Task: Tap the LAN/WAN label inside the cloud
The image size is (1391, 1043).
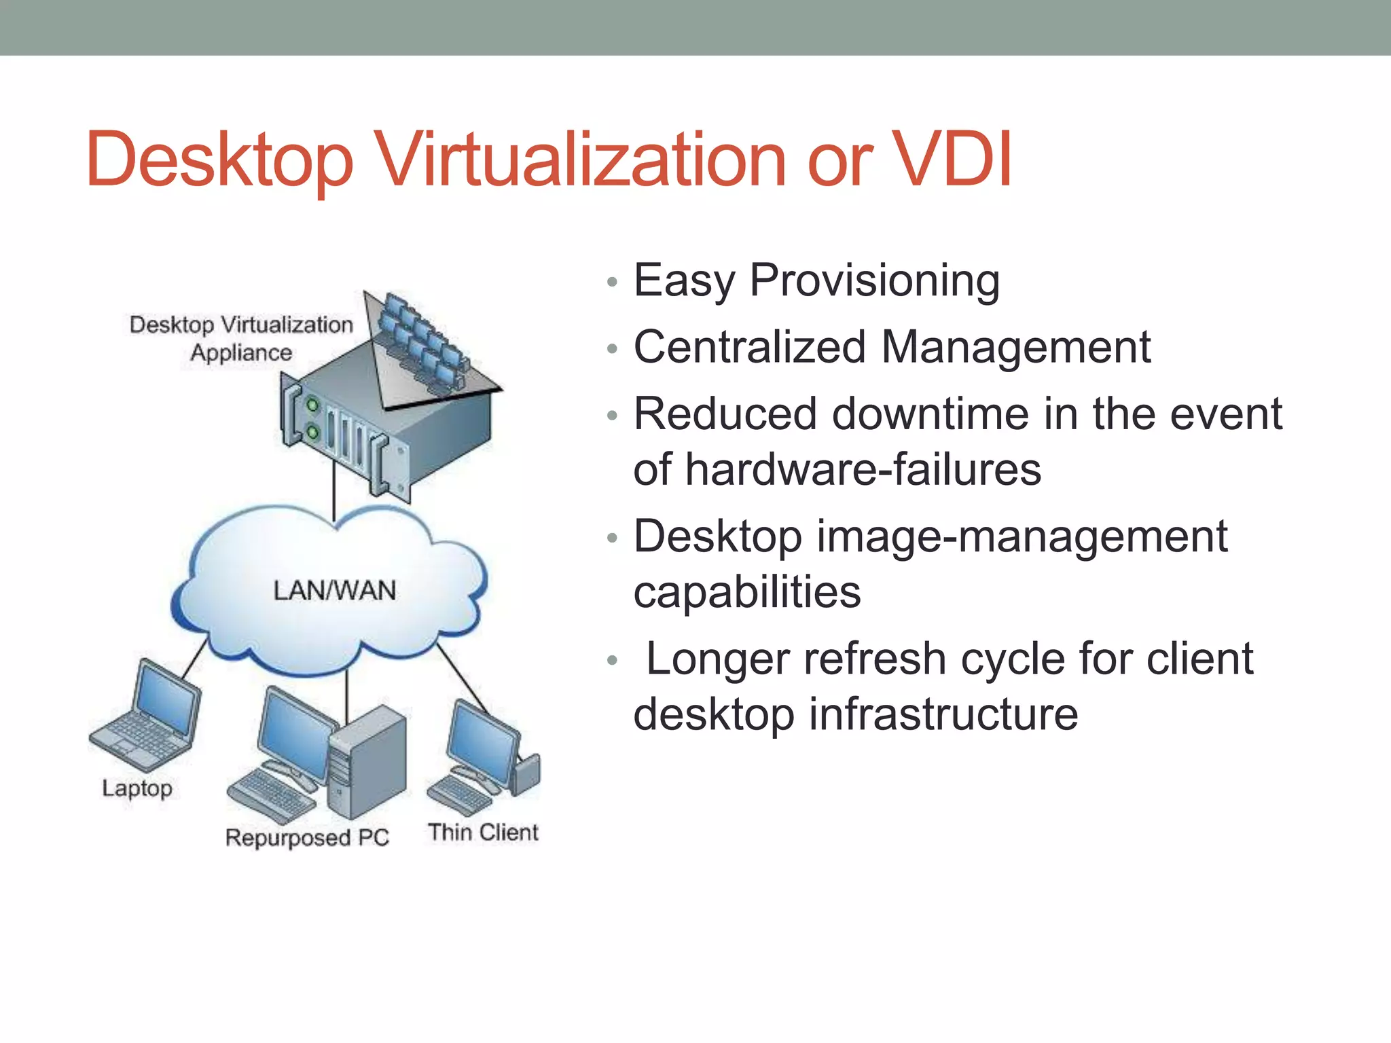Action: [334, 590]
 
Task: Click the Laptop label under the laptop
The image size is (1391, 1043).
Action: [137, 788]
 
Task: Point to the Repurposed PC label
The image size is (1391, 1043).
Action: [307, 837]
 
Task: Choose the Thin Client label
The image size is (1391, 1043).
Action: [483, 832]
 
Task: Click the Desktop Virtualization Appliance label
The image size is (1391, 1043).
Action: [241, 338]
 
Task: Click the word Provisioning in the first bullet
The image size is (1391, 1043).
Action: [874, 280]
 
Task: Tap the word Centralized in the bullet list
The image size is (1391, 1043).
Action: [748, 347]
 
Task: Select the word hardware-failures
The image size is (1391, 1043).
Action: [863, 469]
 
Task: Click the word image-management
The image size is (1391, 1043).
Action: [1022, 536]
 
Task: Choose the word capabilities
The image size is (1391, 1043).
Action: [746, 591]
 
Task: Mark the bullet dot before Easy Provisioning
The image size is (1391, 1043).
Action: [612, 282]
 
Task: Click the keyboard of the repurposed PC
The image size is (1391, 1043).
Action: [270, 794]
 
